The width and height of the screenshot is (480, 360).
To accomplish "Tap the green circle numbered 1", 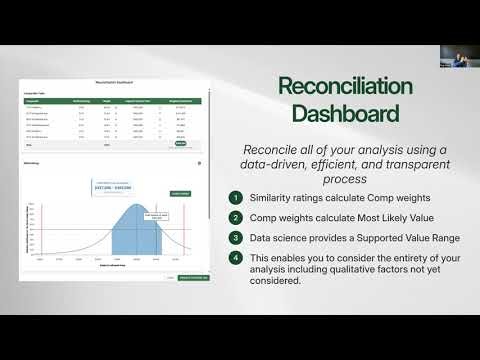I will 235,198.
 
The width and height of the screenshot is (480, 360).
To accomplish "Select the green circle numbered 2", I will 235,218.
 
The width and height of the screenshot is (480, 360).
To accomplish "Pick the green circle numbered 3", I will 235,238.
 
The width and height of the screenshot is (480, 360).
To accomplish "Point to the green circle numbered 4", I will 235,257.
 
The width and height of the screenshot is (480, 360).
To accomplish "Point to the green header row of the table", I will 112,100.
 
